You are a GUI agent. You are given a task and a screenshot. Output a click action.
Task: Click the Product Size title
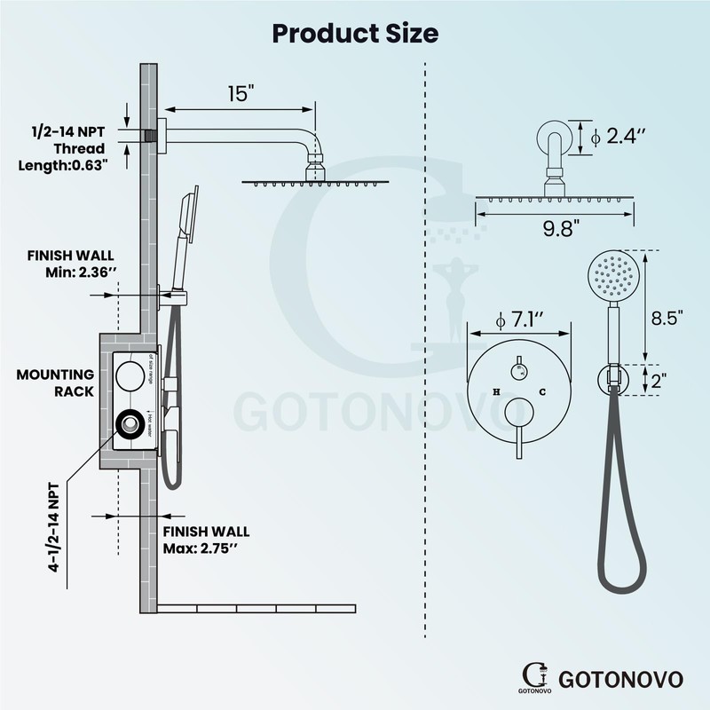(x=355, y=33)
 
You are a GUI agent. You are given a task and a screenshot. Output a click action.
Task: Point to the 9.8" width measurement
(x=557, y=228)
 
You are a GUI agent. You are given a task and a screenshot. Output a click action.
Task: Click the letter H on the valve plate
(x=496, y=391)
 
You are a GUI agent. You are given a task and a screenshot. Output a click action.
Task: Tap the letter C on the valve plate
(x=540, y=391)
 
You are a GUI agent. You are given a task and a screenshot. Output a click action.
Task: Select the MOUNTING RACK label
(x=55, y=383)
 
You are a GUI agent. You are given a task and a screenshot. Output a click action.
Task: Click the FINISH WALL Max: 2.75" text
(x=206, y=539)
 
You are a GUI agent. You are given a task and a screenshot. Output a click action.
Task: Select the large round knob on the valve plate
(x=517, y=413)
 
